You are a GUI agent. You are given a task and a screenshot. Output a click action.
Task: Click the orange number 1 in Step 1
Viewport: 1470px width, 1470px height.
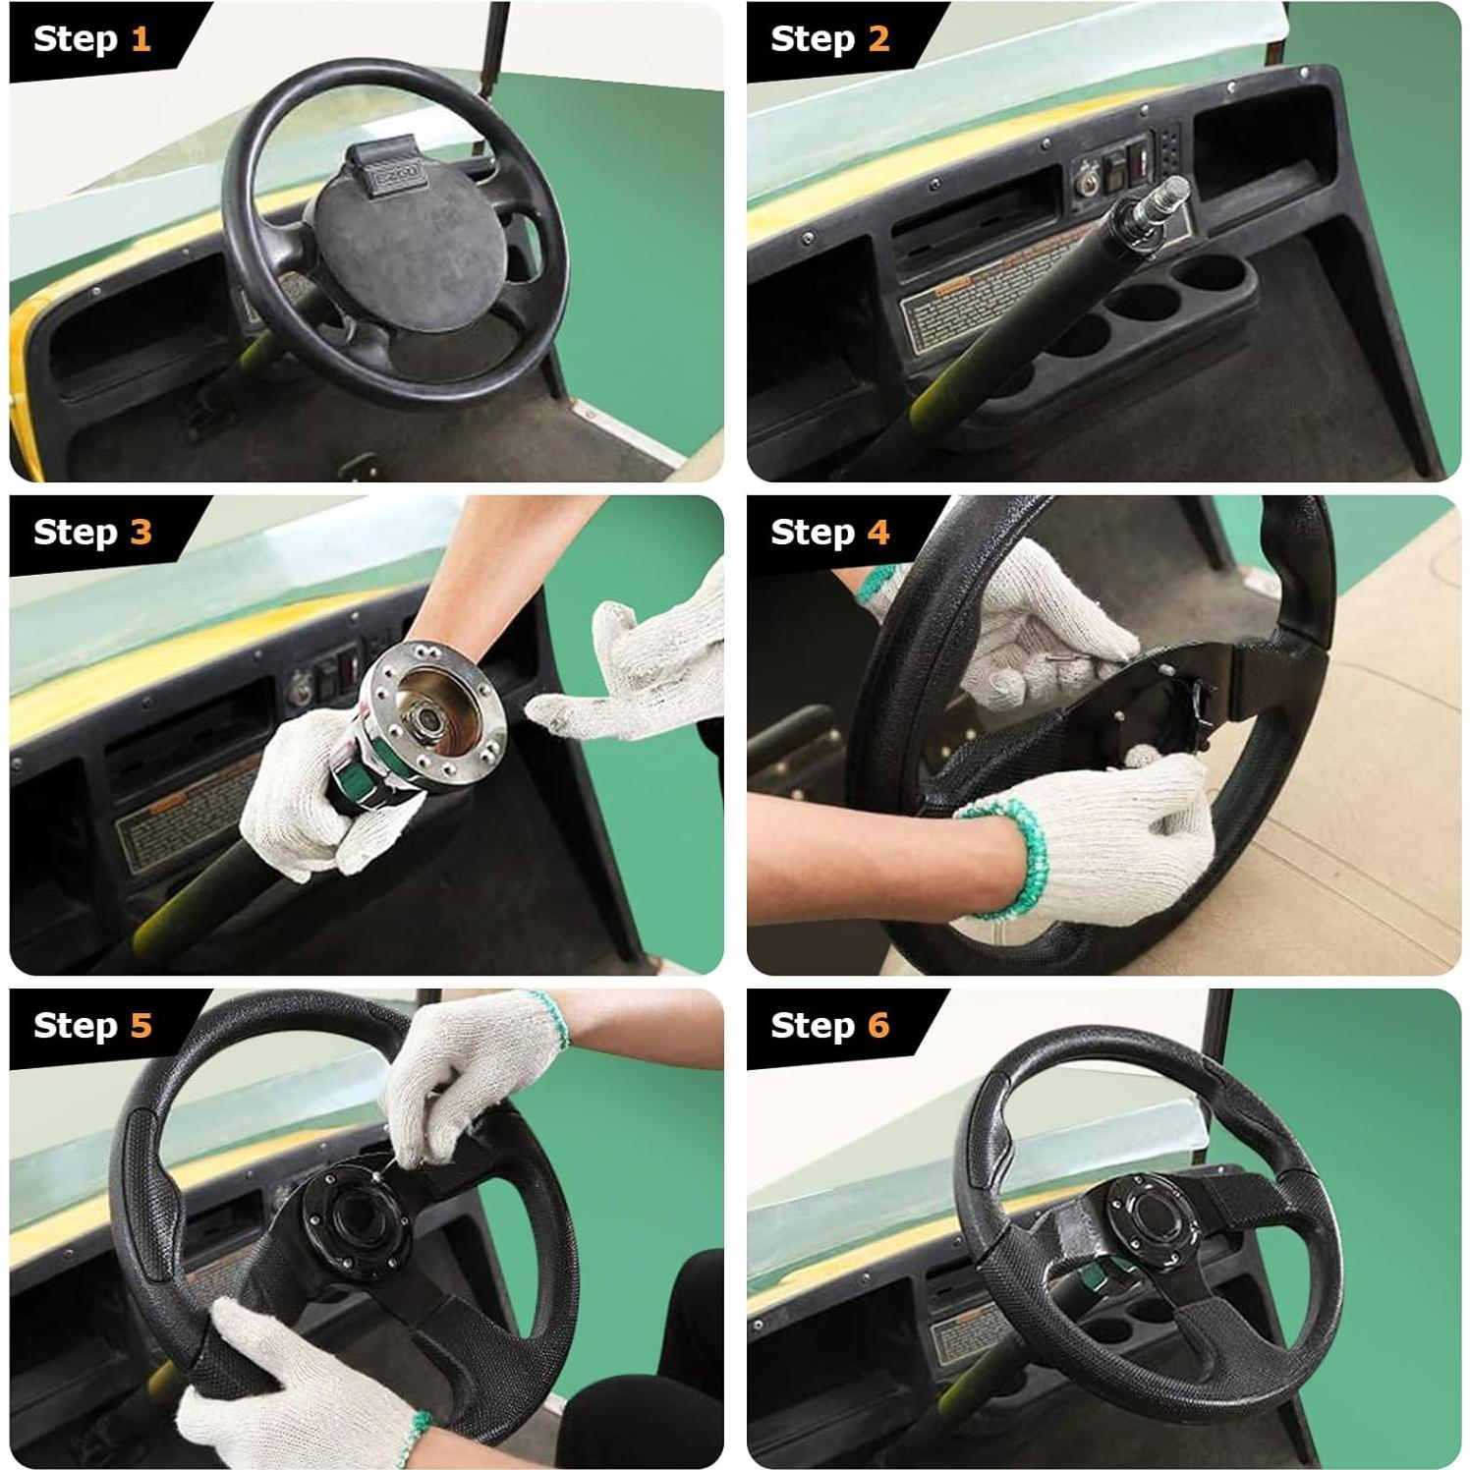pos(141,39)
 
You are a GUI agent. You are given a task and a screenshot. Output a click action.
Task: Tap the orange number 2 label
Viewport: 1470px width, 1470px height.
pos(877,39)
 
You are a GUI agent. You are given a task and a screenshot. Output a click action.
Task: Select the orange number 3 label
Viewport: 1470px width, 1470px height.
pos(141,533)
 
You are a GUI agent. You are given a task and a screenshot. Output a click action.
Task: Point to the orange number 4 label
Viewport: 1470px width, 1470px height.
pos(877,533)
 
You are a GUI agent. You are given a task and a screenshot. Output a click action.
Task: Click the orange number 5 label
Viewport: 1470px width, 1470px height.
pos(141,1026)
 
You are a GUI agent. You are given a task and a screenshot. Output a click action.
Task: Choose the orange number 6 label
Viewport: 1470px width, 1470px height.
pos(877,1026)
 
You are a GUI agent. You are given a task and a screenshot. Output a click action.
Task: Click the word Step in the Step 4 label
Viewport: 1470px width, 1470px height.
pos(812,533)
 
